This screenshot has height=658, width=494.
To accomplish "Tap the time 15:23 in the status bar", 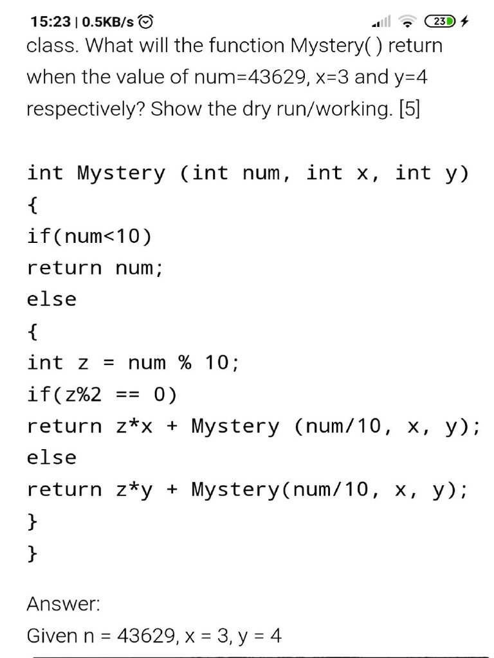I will pyautogui.click(x=50, y=22).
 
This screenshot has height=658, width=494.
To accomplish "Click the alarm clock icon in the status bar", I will pyautogui.click(x=147, y=22).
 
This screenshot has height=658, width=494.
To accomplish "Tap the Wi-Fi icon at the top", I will pyautogui.click(x=407, y=22).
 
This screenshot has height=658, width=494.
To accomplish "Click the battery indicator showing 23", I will pyautogui.click(x=440, y=22).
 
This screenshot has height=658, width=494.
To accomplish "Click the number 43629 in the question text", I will pyautogui.click(x=280, y=77).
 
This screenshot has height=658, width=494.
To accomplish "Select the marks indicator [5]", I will pyautogui.click(x=409, y=109).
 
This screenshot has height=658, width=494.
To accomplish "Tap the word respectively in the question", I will pyautogui.click(x=84, y=109).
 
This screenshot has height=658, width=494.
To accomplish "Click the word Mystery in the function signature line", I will pyautogui.click(x=121, y=173).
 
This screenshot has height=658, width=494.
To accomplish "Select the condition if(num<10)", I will pyautogui.click(x=89, y=236).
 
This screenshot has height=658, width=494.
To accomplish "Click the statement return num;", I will pyautogui.click(x=95, y=268).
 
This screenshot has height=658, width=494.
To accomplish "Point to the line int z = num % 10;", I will pyautogui.click(x=133, y=363).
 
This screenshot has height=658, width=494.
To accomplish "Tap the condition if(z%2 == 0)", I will pyautogui.click(x=102, y=395).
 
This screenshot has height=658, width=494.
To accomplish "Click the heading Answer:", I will pyautogui.click(x=63, y=604).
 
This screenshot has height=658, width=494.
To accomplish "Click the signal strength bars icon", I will pyautogui.click(x=381, y=22).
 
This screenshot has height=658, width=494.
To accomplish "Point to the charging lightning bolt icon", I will pyautogui.click(x=465, y=22).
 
